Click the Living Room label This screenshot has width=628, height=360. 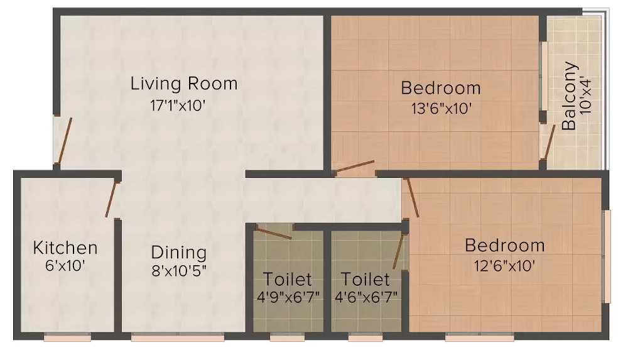(184, 84)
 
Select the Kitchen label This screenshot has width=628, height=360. (65, 247)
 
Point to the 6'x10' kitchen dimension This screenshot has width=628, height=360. (65, 266)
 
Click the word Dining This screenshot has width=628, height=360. (179, 253)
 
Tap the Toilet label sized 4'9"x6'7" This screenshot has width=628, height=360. (287, 278)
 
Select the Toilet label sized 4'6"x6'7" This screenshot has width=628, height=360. (365, 278)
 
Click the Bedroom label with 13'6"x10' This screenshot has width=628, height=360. (441, 87)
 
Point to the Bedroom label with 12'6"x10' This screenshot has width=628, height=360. (505, 245)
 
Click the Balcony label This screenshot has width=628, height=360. (569, 95)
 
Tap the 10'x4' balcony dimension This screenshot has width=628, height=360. (587, 95)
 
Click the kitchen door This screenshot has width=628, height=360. (112, 199)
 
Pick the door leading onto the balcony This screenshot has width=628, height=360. (548, 143)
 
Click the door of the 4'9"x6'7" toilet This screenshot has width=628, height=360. (274, 232)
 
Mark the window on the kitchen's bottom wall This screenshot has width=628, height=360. (67, 338)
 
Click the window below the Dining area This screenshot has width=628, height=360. (178, 338)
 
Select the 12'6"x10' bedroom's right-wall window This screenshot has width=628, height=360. (607, 256)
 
